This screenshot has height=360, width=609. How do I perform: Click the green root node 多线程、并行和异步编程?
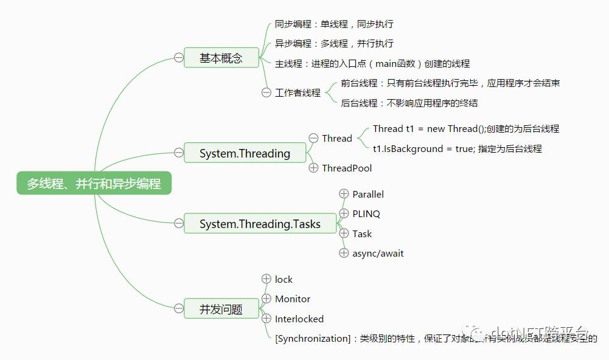(x=94, y=184)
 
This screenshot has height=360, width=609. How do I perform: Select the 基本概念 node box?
(x=221, y=58)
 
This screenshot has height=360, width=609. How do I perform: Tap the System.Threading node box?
(x=245, y=153)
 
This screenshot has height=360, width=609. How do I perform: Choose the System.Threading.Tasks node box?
(x=260, y=224)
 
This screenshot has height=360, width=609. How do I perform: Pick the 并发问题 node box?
(x=221, y=309)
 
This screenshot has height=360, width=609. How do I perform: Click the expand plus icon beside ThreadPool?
(x=313, y=168)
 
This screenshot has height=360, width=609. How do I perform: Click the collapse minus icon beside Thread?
(x=313, y=138)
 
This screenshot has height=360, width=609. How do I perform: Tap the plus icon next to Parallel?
(x=344, y=194)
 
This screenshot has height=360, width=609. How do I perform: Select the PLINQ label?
(x=366, y=213)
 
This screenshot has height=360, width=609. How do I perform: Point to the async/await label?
(x=378, y=253)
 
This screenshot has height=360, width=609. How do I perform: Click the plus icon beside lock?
(x=266, y=279)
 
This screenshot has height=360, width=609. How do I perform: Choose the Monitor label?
(x=293, y=299)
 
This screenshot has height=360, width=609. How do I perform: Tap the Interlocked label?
(x=299, y=319)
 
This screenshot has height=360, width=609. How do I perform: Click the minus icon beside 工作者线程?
(x=266, y=92)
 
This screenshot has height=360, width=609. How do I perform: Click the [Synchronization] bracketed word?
(x=313, y=338)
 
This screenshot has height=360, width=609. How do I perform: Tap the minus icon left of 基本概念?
(x=179, y=58)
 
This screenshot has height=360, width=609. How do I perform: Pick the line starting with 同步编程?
(x=334, y=24)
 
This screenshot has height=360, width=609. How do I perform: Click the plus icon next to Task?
(x=344, y=234)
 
